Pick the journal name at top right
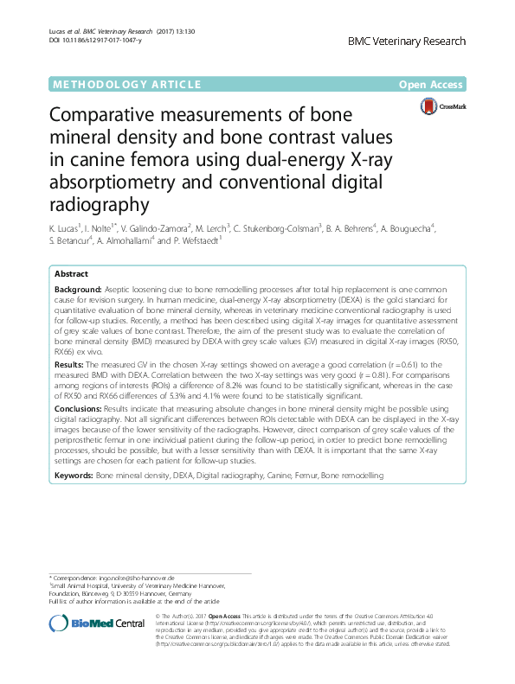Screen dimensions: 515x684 pos(406,42)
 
